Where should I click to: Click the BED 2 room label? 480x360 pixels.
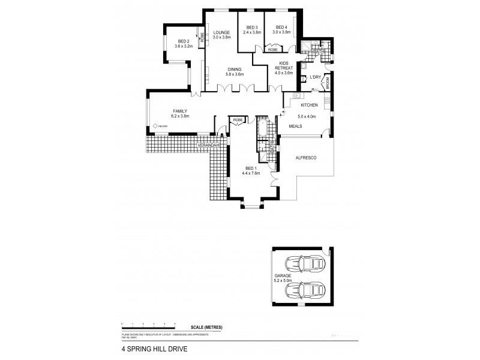coord(183,41)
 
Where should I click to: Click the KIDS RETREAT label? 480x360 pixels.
coord(284,65)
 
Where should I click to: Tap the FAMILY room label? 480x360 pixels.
coord(181,111)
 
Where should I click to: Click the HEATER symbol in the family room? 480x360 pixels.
coord(155,125)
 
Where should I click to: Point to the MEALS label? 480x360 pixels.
coord(296,127)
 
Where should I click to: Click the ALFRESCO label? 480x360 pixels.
coord(306,157)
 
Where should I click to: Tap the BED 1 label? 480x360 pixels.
coord(251,169)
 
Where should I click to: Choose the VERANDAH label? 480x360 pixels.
coord(210,145)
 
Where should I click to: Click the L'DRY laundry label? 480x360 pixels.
coord(316,77)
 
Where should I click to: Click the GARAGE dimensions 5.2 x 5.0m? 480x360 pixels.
coord(283,280)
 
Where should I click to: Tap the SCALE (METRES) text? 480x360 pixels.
coord(206,326)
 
